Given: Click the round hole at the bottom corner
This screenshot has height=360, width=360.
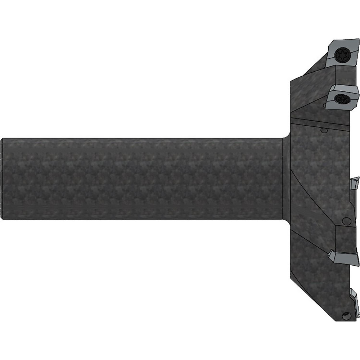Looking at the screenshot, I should tap(347, 316).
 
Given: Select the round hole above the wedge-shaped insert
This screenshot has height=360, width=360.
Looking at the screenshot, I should tap(346, 221).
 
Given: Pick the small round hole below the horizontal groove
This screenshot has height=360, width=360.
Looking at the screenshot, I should tap(323, 130).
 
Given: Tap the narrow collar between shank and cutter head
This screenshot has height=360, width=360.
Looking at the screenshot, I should tap(286, 179).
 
